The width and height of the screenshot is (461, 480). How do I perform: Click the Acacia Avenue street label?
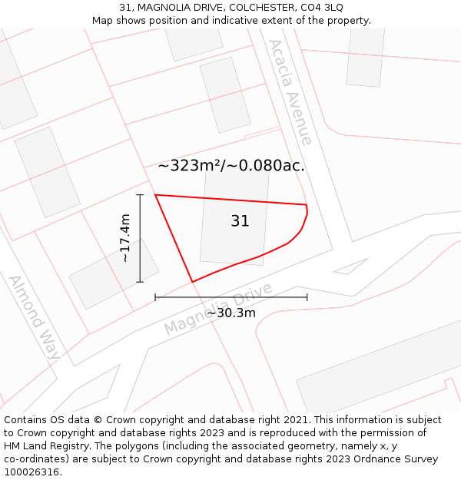tap(290, 92)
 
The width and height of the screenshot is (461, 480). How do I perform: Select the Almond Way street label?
tap(35, 317)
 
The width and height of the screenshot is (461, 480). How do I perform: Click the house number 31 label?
tap(240, 221)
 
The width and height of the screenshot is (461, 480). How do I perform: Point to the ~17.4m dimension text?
tap(125, 238)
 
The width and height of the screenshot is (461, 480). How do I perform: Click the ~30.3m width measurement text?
tap(230, 313)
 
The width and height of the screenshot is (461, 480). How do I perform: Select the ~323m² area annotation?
tap(191, 165)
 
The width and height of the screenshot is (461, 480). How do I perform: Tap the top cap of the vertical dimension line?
tap(140, 195)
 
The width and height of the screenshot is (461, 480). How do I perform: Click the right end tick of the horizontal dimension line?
tap(307, 296)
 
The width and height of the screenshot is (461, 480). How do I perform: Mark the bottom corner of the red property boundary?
tap(192, 282)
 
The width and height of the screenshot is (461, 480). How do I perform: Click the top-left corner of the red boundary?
tap(155, 195)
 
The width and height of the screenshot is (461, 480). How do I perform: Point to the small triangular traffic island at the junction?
tap(352, 266)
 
